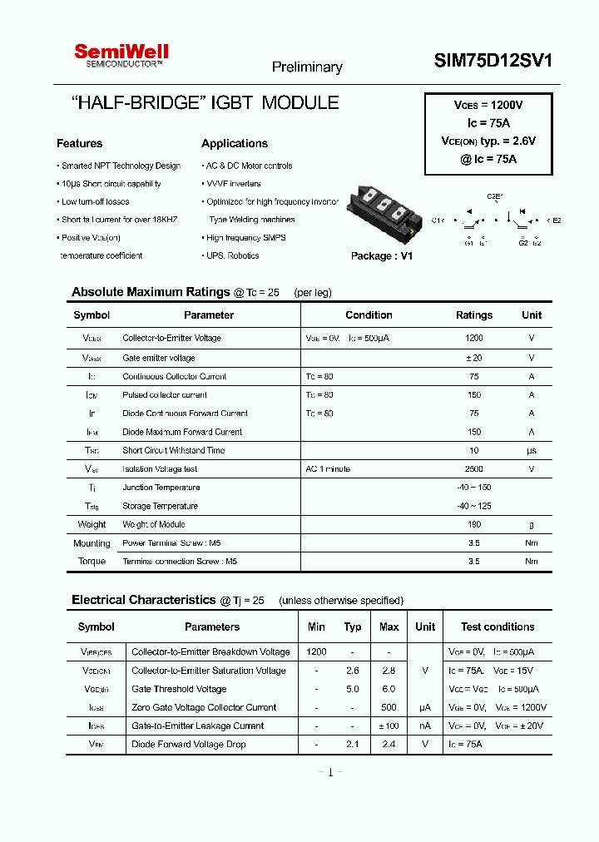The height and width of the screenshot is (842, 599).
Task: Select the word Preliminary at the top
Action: [x=307, y=67]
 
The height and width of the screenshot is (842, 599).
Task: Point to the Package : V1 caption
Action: [x=382, y=256]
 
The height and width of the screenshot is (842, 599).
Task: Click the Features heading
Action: [x=80, y=143]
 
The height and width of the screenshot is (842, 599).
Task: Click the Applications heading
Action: [x=235, y=143]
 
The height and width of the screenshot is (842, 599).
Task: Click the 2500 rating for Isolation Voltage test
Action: [x=474, y=469]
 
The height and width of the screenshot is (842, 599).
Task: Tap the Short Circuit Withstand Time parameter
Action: [x=173, y=451]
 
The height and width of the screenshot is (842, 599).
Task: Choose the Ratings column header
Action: [x=474, y=315]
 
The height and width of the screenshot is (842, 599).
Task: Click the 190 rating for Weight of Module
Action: [x=474, y=525]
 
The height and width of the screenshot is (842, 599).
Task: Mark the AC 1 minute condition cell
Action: [x=328, y=469]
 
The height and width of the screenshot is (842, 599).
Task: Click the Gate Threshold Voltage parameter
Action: [x=179, y=690]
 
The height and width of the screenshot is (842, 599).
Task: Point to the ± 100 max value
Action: [x=389, y=726]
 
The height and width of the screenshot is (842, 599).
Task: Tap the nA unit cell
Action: [x=425, y=726]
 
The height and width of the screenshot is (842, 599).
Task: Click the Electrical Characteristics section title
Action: [x=143, y=600]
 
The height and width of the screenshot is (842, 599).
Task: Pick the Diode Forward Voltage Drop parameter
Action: [x=189, y=745]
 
